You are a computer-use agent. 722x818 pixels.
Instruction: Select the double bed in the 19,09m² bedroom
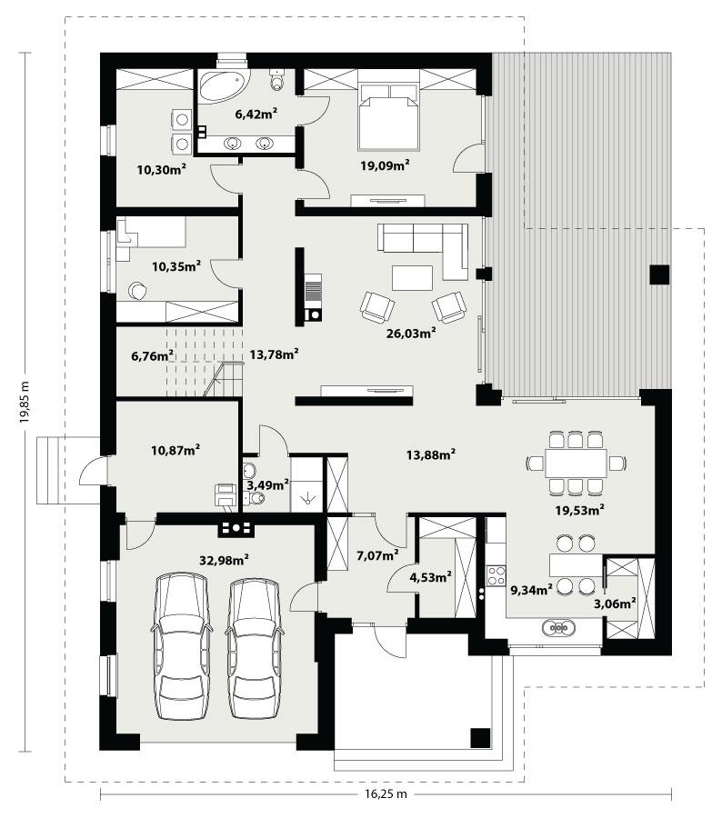[x=388, y=116]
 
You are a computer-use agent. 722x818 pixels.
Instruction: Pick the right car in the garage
[x=253, y=646]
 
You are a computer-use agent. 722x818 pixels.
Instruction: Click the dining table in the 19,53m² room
[x=576, y=463]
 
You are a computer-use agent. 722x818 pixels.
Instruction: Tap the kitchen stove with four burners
[x=496, y=574]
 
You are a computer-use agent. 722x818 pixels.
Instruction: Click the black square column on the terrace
[x=658, y=274]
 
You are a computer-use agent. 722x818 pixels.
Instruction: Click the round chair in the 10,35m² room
[x=137, y=291]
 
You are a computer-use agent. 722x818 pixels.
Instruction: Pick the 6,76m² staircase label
[x=152, y=356]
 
